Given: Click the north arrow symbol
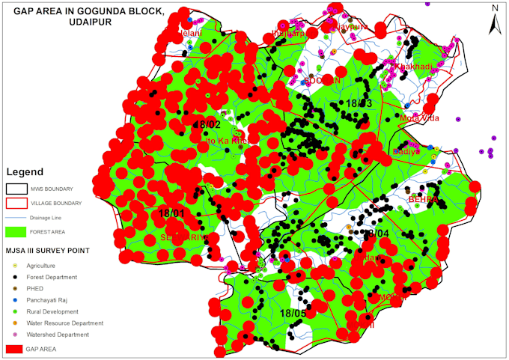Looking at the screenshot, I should click(x=494, y=20).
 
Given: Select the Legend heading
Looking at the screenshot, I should click(x=25, y=171).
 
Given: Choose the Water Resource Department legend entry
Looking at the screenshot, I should click(x=64, y=323).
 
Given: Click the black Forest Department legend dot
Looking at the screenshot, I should click(x=12, y=277).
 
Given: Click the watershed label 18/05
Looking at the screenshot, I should click(x=293, y=313).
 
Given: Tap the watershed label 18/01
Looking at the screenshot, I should click(x=171, y=214).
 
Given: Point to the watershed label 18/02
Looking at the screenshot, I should click(x=207, y=124).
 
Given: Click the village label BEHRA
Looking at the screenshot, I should click(x=423, y=200).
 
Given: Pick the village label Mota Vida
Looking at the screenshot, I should click(x=420, y=118).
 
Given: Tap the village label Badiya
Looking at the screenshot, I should click(x=404, y=151).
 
